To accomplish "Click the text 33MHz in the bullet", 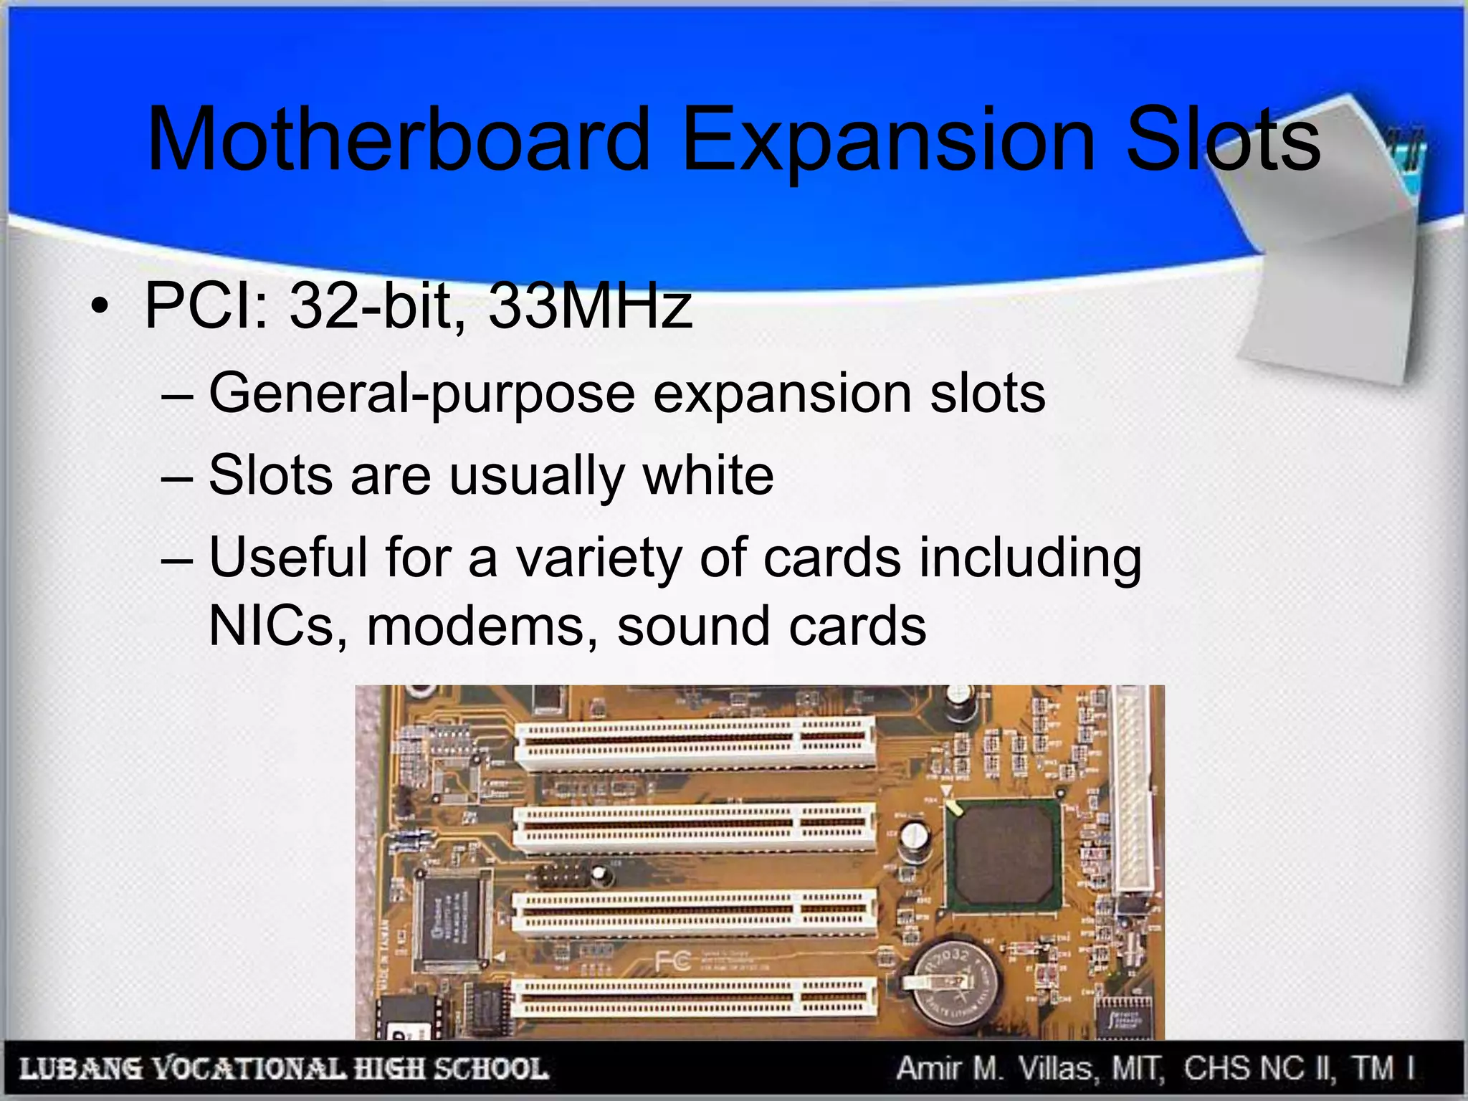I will click(590, 306).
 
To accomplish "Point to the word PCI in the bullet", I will click(204, 306).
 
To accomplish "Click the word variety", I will click(599, 558).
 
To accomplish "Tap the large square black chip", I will click(1004, 855).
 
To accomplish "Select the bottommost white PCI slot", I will click(695, 999).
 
